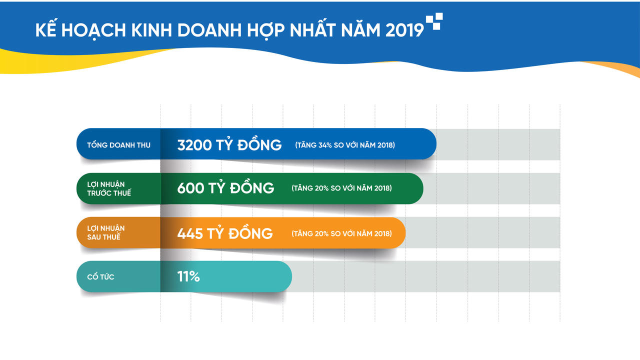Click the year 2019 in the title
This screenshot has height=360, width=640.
click(x=404, y=30)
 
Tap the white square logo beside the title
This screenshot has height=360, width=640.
click(x=434, y=21)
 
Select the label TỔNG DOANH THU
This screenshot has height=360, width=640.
click(x=118, y=145)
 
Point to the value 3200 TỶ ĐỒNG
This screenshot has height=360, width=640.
click(x=229, y=145)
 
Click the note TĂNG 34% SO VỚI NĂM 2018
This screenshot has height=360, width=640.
click(x=345, y=145)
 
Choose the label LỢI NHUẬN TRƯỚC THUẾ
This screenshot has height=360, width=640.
click(x=109, y=188)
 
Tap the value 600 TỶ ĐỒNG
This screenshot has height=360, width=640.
click(x=225, y=188)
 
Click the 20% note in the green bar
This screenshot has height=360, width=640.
click(x=342, y=188)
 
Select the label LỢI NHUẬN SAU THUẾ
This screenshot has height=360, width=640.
click(x=105, y=233)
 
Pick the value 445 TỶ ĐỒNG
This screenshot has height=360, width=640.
click(x=225, y=233)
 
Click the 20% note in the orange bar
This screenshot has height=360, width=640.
click(x=342, y=233)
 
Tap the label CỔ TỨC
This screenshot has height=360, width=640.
click(x=100, y=276)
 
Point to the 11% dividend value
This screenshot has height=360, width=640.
click(x=188, y=276)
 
